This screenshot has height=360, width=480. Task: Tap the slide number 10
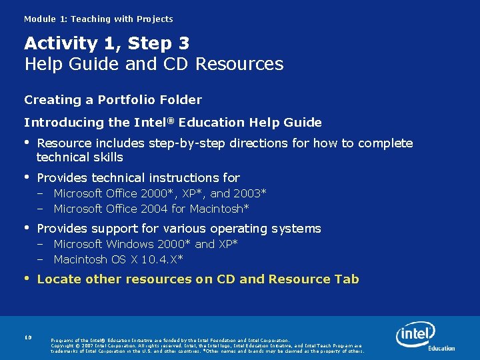tap(27, 338)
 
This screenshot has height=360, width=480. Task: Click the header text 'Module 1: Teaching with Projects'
tap(98, 19)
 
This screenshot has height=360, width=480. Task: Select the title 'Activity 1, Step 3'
tap(107, 43)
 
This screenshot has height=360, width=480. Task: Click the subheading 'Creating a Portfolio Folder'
tap(113, 100)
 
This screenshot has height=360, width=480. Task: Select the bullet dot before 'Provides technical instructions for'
tap(27, 177)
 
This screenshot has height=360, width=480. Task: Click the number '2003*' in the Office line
tap(250, 193)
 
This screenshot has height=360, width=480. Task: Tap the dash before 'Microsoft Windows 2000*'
tap(40, 244)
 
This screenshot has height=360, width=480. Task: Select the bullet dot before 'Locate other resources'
tap(27, 279)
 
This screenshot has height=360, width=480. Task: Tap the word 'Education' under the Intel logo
tap(441, 348)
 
